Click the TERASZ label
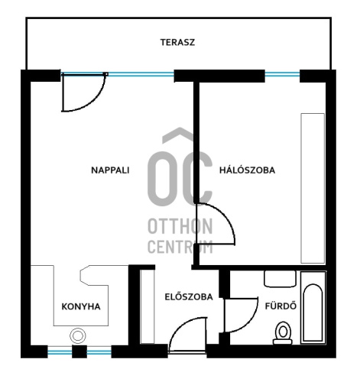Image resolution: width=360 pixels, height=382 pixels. click(x=177, y=42)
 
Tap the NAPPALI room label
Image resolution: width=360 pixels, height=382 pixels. click(x=110, y=170)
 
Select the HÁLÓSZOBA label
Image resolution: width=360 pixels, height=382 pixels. click(x=247, y=170)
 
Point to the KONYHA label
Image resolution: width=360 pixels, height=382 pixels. click(x=81, y=306)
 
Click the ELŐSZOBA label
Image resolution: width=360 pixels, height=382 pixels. click(x=189, y=296)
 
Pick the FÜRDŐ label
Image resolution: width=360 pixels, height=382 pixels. click(x=281, y=306)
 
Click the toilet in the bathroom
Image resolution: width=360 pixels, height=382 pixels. click(x=283, y=333)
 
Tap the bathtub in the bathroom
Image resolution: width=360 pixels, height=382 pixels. click(x=313, y=308)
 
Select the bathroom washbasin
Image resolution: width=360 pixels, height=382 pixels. click(x=280, y=279)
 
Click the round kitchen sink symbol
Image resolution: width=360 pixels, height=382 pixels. click(x=78, y=335)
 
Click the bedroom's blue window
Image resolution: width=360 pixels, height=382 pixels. click(x=282, y=74)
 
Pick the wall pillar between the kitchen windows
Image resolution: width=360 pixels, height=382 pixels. click(x=79, y=351)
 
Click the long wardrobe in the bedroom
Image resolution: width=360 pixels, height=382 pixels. click(x=313, y=188)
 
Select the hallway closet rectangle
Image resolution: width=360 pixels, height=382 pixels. click(x=148, y=306)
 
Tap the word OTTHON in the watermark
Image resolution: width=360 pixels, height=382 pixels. click(x=180, y=226)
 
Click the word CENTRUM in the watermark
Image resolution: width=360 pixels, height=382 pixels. click(x=180, y=247)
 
